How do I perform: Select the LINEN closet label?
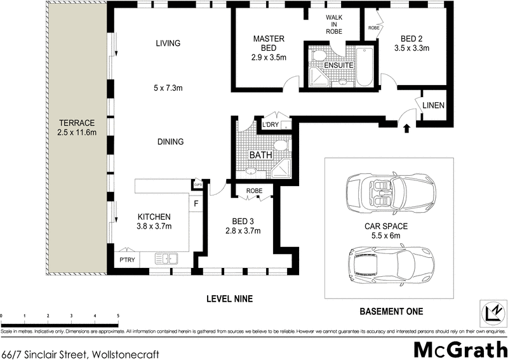(432, 105)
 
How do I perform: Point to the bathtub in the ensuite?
(364, 67)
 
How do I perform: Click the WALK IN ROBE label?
(334, 23)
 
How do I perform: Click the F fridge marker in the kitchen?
(196, 204)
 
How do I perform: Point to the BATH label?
(260, 155)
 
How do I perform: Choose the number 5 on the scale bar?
(118, 316)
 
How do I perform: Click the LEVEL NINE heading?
(230, 299)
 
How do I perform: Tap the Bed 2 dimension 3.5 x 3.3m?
(412, 48)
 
